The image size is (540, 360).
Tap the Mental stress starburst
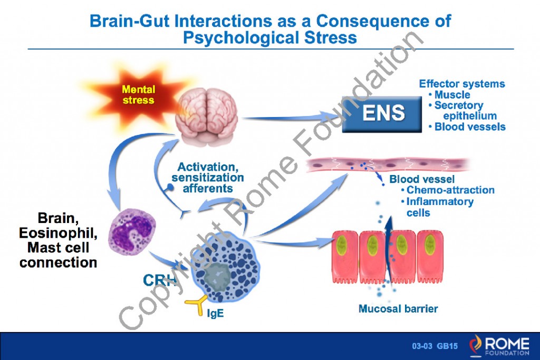(139, 95)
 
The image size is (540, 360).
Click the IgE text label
(215, 314)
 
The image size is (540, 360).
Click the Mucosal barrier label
(398, 308)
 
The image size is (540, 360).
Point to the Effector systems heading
(461, 84)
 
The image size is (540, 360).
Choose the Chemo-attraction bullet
(450, 190)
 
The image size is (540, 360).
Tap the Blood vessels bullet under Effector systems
(469, 127)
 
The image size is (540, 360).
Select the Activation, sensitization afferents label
(207, 177)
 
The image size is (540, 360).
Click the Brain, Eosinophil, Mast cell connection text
(58, 240)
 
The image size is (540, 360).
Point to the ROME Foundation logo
(498, 345)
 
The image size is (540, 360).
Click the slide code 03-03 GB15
(435, 346)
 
